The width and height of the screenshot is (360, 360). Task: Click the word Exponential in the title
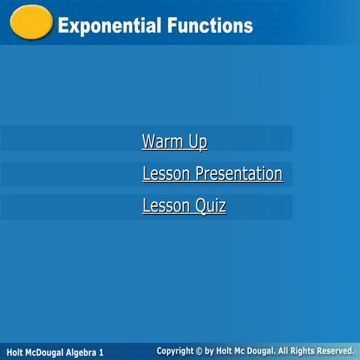104,25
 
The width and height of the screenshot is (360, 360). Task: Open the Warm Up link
174,141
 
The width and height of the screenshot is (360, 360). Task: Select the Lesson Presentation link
212,174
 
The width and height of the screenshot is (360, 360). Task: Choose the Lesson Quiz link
184,206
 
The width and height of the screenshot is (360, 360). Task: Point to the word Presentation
238,174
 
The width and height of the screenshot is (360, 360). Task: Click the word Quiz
211,206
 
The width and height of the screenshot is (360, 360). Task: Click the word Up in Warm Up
197,141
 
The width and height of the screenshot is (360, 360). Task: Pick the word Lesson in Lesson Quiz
166,206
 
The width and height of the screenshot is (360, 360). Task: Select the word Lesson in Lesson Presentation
166,174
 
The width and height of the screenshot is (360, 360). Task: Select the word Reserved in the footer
333,351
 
